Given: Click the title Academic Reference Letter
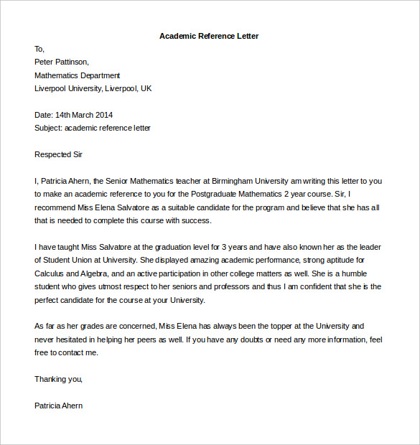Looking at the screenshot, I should [209, 36].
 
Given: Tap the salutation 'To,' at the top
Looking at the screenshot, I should [39, 49].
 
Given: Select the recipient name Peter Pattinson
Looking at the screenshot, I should [62, 62].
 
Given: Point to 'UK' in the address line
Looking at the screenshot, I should [146, 88].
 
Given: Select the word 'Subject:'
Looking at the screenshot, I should [48, 128].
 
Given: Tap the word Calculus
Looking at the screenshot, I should [50, 273].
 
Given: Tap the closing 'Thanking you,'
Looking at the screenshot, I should [58, 379].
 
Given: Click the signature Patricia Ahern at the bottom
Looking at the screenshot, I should [58, 406].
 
